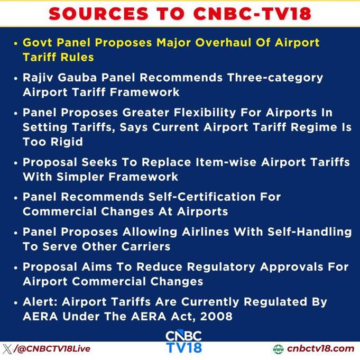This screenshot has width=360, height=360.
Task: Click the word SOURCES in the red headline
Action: click(99, 14)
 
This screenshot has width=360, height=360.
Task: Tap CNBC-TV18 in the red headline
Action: click(252, 14)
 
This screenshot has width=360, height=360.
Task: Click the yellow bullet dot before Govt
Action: click(16, 43)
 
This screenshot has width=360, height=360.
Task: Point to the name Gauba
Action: click(77, 78)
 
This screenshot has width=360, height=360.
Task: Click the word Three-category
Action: click(275, 78)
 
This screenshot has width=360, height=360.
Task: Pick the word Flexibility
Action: click(205, 113)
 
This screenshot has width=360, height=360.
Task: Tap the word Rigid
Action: click(67, 142)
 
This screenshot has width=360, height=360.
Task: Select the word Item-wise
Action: click(226, 162)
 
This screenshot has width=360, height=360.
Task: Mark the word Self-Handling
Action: click(309, 232)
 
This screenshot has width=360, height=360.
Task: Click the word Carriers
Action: click(145, 246)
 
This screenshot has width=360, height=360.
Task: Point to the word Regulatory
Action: click(221, 267)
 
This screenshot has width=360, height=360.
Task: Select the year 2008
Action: click(216, 317)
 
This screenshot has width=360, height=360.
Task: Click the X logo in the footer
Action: click(7, 349)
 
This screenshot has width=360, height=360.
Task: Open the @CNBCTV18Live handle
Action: click(52, 349)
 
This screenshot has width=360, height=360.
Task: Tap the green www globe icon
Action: click(278, 349)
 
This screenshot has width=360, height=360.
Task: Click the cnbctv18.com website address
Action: click(320, 349)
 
